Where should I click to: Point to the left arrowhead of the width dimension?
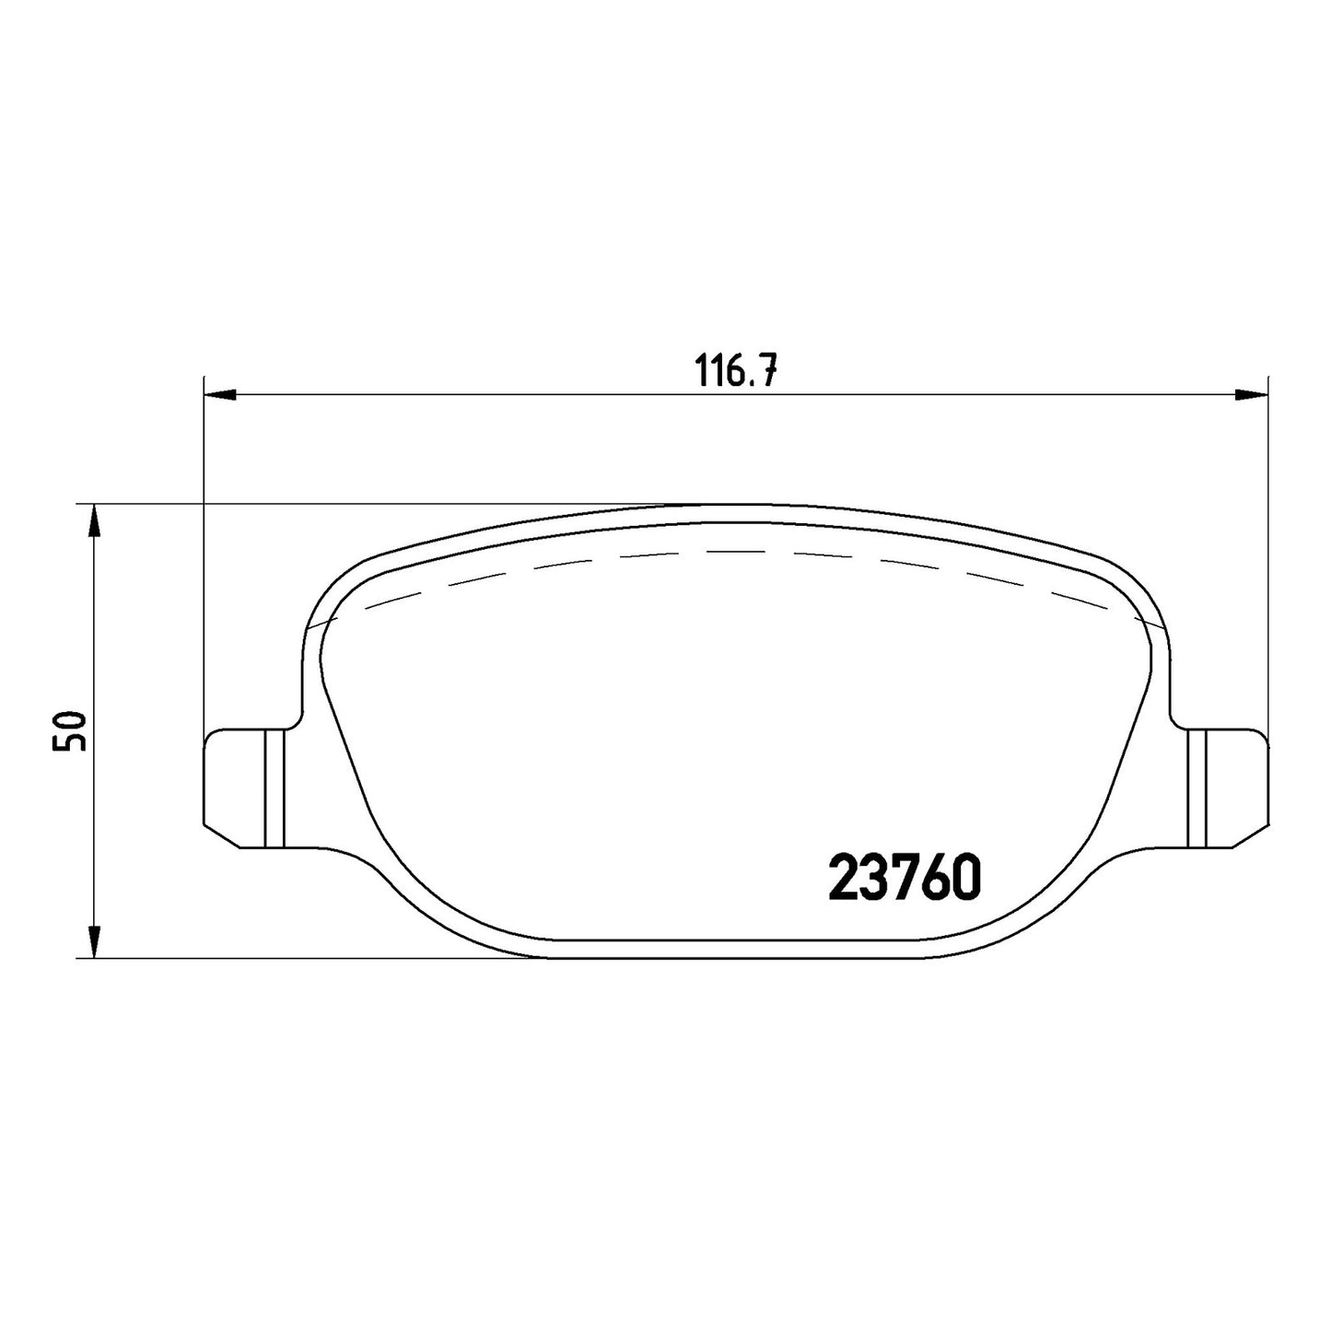[221, 395]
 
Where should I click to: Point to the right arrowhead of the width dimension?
[1251, 395]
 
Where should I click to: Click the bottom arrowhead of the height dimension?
[95, 941]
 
